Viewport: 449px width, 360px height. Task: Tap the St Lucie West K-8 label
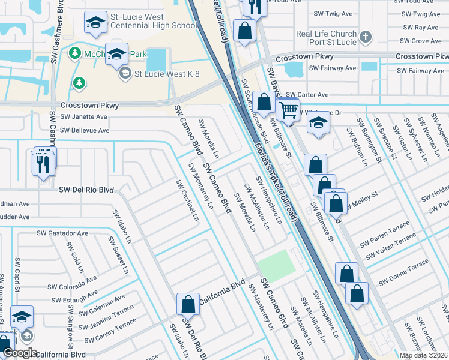click(x=166, y=74)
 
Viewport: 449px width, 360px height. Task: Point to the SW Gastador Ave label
click(x=62, y=233)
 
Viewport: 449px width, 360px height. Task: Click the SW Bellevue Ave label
click(x=85, y=130)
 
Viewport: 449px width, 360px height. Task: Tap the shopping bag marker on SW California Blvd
click(x=188, y=304)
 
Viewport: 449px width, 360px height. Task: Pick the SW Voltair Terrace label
click(x=387, y=242)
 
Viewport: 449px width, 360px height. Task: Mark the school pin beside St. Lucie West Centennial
click(x=94, y=23)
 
